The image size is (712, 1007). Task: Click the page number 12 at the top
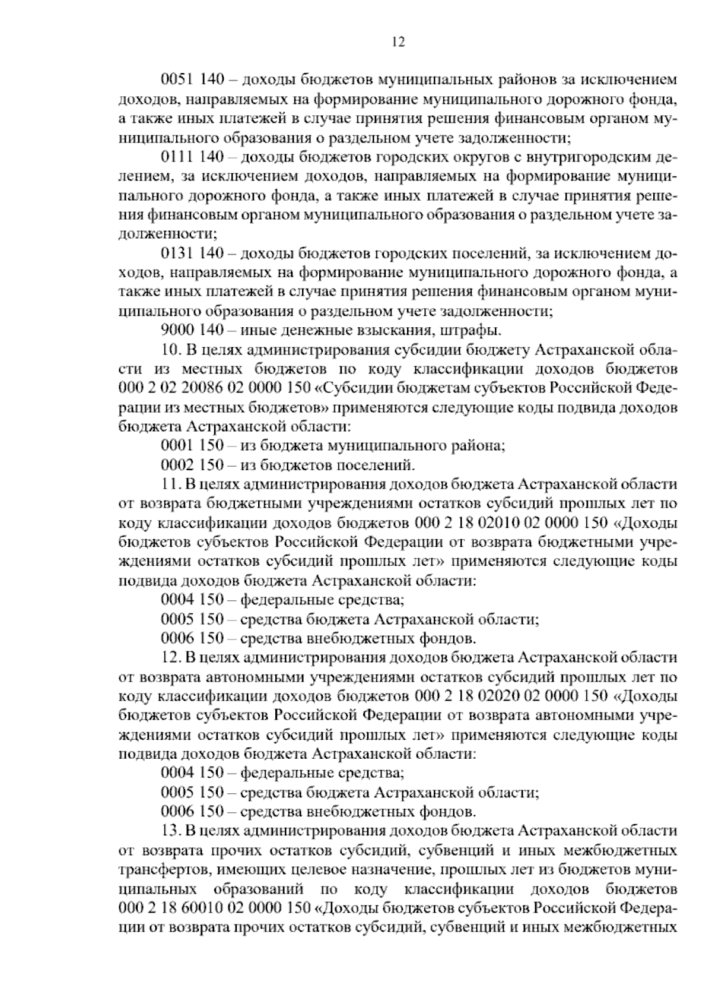tap(398, 42)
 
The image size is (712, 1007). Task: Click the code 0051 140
tap(191, 80)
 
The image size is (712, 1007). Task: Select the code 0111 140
tap(191, 157)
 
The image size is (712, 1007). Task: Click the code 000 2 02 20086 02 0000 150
tap(214, 388)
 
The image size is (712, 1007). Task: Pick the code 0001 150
tap(191, 446)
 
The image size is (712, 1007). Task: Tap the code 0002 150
tap(191, 465)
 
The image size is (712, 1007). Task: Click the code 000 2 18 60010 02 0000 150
tap(214, 908)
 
